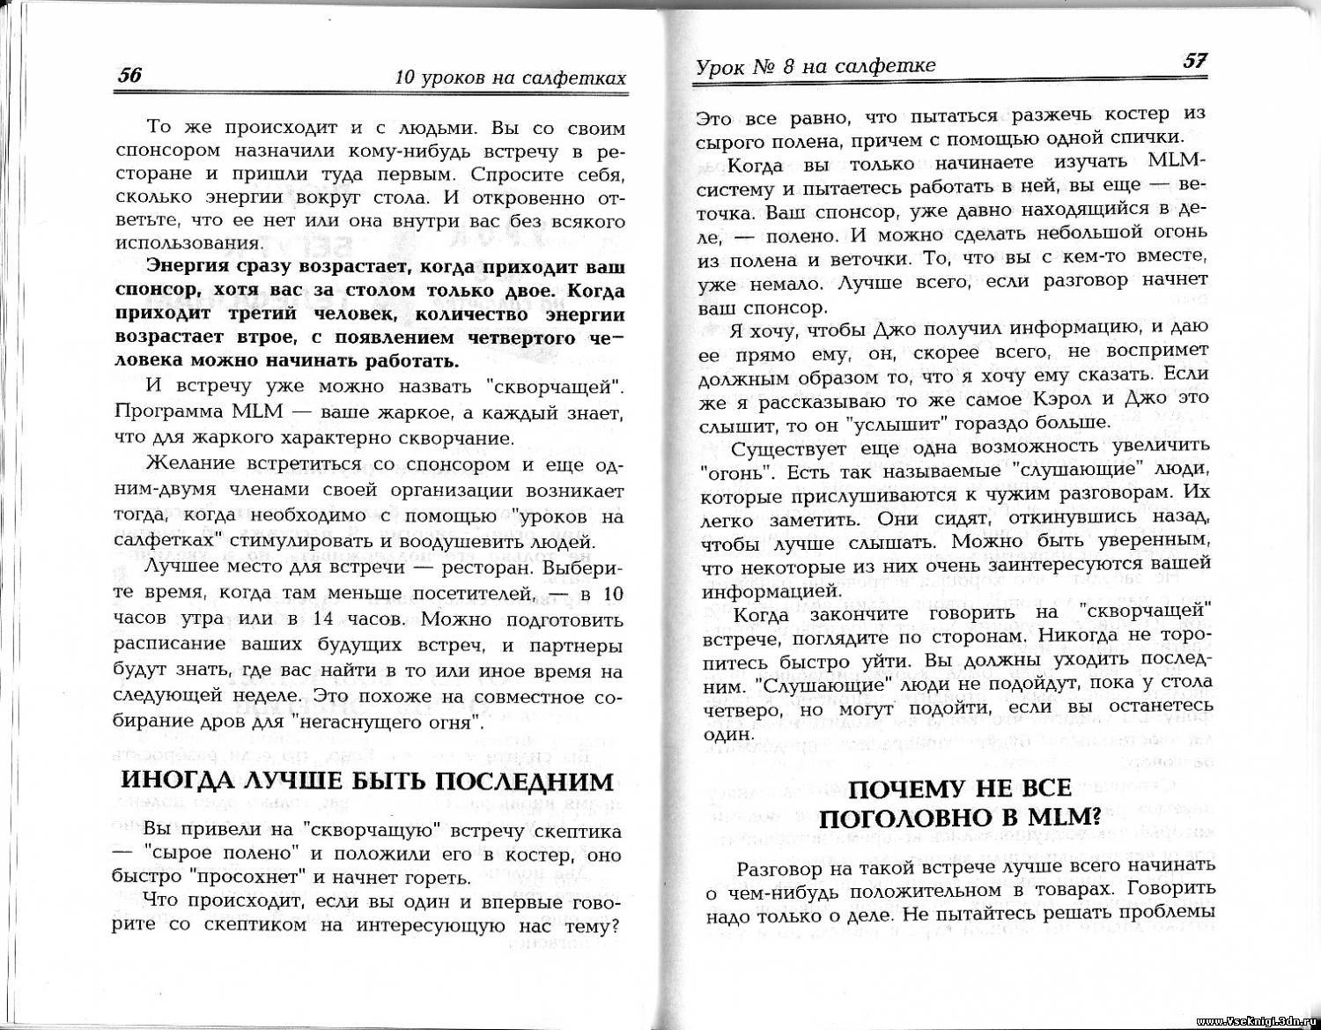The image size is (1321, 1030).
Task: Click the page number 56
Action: coord(129,76)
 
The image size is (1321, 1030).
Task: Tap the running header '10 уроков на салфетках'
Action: coord(511,78)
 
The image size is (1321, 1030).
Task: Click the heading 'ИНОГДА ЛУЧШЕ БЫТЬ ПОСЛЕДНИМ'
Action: coord(366,782)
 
